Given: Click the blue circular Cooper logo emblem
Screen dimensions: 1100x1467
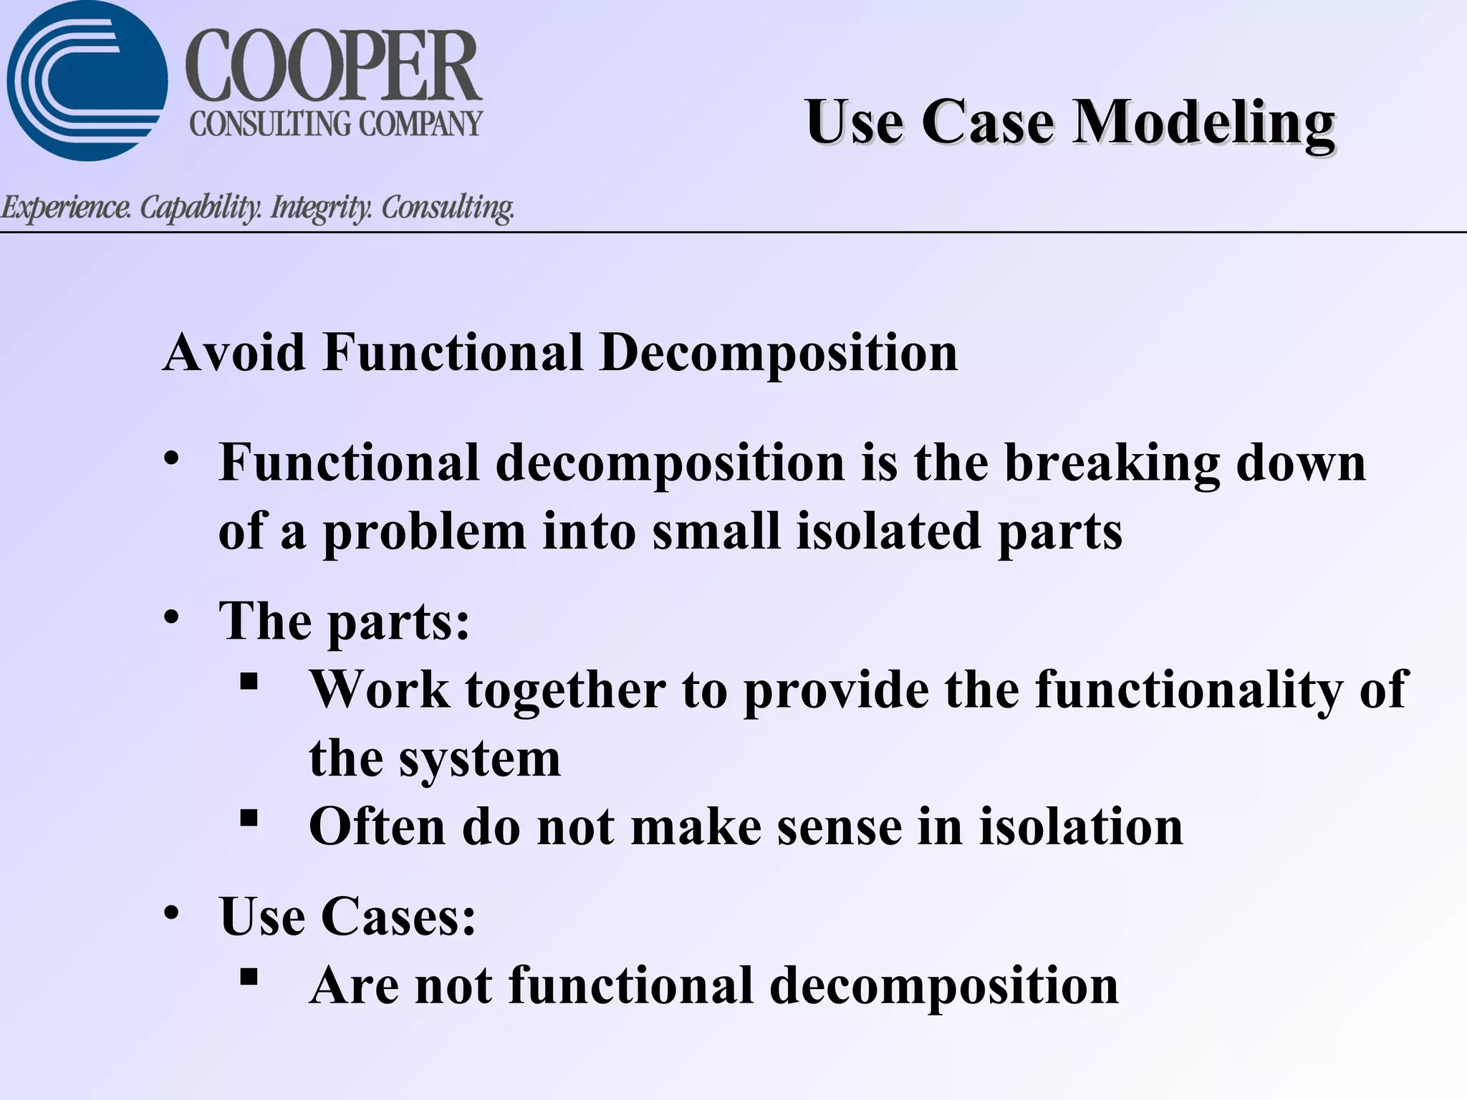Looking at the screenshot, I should point(86,80).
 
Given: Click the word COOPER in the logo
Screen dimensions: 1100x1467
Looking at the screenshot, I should point(333,67).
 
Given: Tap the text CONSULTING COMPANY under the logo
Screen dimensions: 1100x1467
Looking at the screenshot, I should point(335,124).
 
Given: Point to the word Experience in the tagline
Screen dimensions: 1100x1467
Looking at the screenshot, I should point(66,208).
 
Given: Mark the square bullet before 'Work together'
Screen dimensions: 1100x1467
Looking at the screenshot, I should point(249,680).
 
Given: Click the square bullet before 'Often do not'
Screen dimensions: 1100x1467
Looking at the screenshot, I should point(249,818).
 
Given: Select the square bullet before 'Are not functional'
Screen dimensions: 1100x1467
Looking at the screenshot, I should point(249,977).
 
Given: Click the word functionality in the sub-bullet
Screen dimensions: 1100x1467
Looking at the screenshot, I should point(1189,690).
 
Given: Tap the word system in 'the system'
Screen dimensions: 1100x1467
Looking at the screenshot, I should point(479,759).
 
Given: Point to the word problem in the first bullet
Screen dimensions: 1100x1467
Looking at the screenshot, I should point(424,533).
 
